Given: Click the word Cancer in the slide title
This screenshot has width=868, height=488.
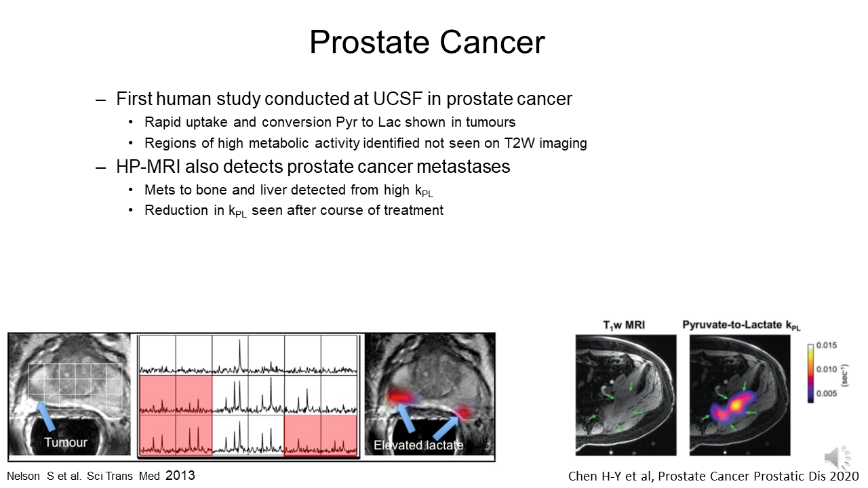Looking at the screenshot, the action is click(x=492, y=42).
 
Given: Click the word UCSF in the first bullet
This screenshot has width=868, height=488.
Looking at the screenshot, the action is click(x=397, y=99).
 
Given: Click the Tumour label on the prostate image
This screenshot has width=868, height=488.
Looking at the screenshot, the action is click(x=66, y=443).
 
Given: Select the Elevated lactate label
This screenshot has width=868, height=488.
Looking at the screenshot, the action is click(x=418, y=445).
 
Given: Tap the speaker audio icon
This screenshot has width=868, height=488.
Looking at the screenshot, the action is click(x=837, y=457).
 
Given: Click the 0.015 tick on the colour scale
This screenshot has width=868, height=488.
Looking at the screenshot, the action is click(x=827, y=345).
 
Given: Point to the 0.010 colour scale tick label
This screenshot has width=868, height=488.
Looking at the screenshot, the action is click(x=827, y=369).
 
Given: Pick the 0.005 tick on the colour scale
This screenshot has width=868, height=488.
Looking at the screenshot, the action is click(x=827, y=394).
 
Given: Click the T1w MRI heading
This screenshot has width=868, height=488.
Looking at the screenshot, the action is click(x=624, y=325).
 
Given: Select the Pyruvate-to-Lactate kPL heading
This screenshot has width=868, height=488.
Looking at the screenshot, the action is click(x=741, y=325).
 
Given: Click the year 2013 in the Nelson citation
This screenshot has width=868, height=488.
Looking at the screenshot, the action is click(x=180, y=475).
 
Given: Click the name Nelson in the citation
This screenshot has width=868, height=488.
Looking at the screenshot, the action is click(x=23, y=476).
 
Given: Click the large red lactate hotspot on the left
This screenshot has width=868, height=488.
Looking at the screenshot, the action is click(x=400, y=396).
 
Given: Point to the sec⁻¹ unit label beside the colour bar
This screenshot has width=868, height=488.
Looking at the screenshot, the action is click(x=845, y=375).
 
